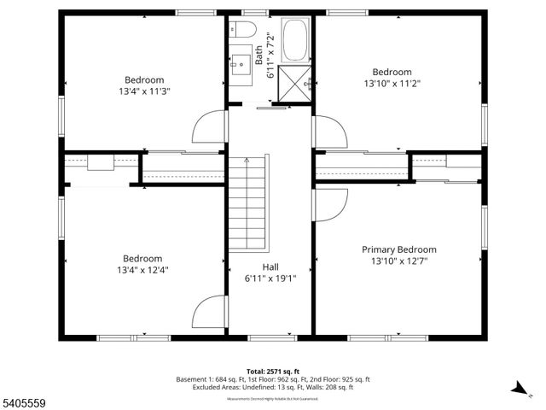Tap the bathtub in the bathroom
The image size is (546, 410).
coord(296,38)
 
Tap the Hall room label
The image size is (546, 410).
coord(270,266)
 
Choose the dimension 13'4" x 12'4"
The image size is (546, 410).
coord(142,270)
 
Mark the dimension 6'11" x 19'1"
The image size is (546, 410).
coord(270,278)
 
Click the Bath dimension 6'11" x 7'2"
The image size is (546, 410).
coord(271,56)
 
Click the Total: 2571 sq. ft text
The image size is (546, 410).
coord(272,370)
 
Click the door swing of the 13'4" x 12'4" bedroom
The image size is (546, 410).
coord(209,313)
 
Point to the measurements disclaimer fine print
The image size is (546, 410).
coord(272,399)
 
